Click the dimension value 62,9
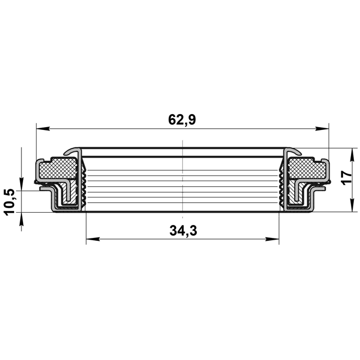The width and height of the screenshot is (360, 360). pos(182,120)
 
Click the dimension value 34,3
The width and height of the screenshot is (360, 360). pos(183,231)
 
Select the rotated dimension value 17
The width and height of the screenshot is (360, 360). pos(346,178)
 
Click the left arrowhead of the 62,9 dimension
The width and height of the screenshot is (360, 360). pos(43,129)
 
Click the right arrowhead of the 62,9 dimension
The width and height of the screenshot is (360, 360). pos(322,129)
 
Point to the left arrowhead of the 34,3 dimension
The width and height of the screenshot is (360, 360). pos(93,239)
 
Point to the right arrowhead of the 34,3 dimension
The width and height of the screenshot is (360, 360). pos(272,239)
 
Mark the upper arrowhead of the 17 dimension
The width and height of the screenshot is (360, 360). pos(352,155)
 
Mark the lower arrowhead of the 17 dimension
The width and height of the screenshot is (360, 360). pos(352,205)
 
